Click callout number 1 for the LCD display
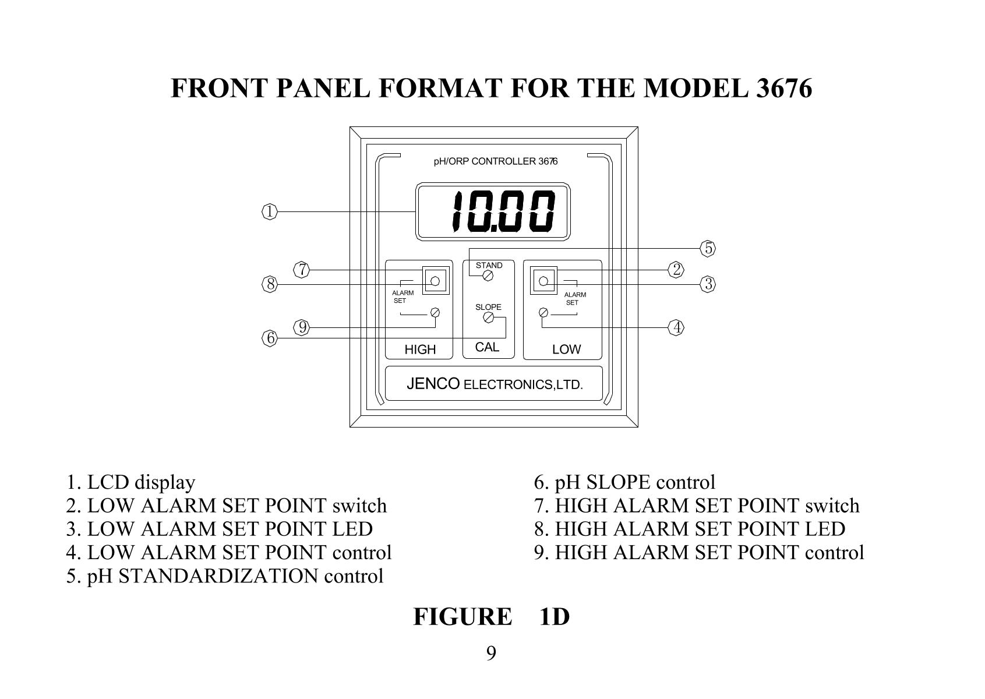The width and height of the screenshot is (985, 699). click(x=270, y=212)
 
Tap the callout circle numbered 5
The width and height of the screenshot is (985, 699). click(x=708, y=248)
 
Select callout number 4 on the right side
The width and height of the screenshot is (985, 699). click(x=676, y=327)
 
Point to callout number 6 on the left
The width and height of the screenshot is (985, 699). click(x=270, y=338)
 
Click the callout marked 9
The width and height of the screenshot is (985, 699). click(x=302, y=327)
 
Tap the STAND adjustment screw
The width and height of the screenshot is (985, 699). click(x=488, y=276)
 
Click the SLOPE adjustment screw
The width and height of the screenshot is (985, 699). click(x=488, y=317)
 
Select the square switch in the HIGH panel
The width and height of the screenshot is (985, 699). click(x=436, y=281)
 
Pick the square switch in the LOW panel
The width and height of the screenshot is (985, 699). click(x=543, y=281)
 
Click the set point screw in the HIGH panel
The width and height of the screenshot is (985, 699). click(x=435, y=313)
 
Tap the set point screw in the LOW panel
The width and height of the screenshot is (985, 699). click(x=543, y=313)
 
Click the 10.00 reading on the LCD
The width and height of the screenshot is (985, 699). click(x=503, y=211)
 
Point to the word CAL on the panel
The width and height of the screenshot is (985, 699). click(x=487, y=347)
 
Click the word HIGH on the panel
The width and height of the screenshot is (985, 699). click(x=420, y=349)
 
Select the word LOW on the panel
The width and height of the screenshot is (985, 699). click(x=566, y=349)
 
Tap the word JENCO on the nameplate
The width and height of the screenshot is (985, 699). click(x=433, y=384)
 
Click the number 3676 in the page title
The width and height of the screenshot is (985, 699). click(x=783, y=88)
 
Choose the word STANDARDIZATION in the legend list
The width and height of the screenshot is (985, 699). click(x=218, y=576)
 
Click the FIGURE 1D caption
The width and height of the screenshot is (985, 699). click(x=492, y=616)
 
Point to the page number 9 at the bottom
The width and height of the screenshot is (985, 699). click(x=491, y=654)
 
